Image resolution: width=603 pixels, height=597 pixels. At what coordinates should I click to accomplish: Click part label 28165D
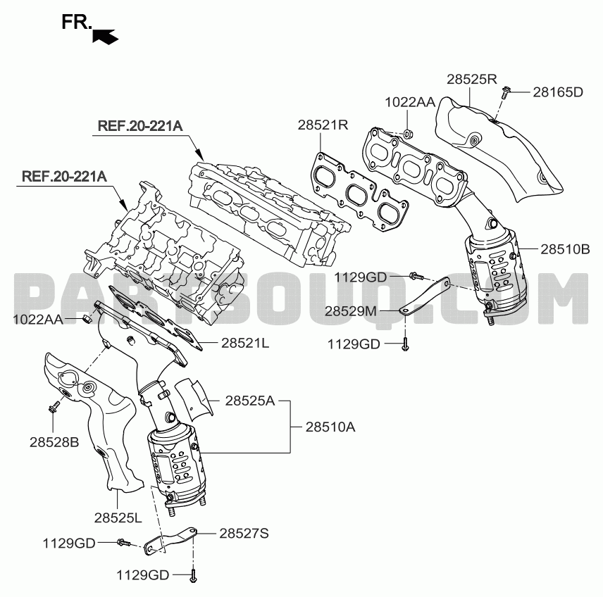[x=558, y=92]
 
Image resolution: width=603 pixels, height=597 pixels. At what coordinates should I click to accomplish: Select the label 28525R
[x=471, y=79]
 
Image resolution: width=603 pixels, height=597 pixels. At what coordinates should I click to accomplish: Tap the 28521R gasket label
[x=323, y=125]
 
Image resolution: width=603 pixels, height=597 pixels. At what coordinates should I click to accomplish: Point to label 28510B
[x=565, y=249]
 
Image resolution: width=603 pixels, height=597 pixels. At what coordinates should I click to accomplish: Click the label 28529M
[x=351, y=311]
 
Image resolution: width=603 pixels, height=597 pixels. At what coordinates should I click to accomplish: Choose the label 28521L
[x=245, y=343]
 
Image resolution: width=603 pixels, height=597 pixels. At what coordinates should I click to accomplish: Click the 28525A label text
[x=250, y=401]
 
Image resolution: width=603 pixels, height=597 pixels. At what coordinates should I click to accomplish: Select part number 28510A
[x=330, y=427]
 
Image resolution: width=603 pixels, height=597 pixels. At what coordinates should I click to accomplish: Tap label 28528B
[x=54, y=442]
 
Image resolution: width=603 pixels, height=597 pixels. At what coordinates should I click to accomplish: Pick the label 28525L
[x=118, y=518]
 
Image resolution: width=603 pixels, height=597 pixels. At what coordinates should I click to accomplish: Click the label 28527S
[x=244, y=533]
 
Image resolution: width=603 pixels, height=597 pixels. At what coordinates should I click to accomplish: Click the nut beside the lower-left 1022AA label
[x=87, y=318]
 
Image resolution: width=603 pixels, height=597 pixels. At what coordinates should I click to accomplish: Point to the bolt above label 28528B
[x=54, y=406]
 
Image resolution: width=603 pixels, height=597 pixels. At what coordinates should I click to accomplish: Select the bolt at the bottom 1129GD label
[x=193, y=575]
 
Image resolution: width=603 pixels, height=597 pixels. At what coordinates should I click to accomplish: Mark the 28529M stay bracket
[x=426, y=296]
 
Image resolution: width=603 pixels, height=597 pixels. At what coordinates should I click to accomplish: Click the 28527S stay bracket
[x=169, y=541]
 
